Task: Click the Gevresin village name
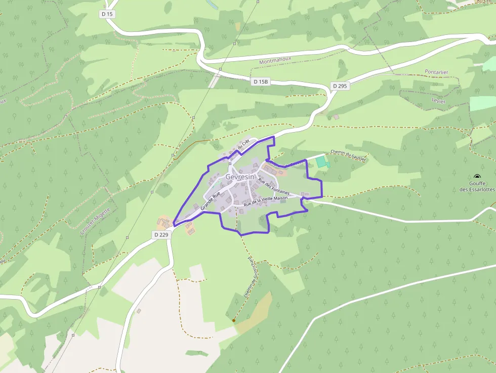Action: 240,177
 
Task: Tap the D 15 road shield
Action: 107,14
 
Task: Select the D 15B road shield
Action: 262,81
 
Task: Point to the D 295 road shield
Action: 341,86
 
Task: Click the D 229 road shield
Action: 160,235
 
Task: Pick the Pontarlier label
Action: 436,72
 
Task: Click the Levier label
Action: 439,101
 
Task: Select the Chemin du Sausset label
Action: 348,155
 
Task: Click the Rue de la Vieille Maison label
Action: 265,201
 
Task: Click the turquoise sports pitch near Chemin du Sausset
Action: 321,161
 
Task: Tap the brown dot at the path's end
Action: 233,320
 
